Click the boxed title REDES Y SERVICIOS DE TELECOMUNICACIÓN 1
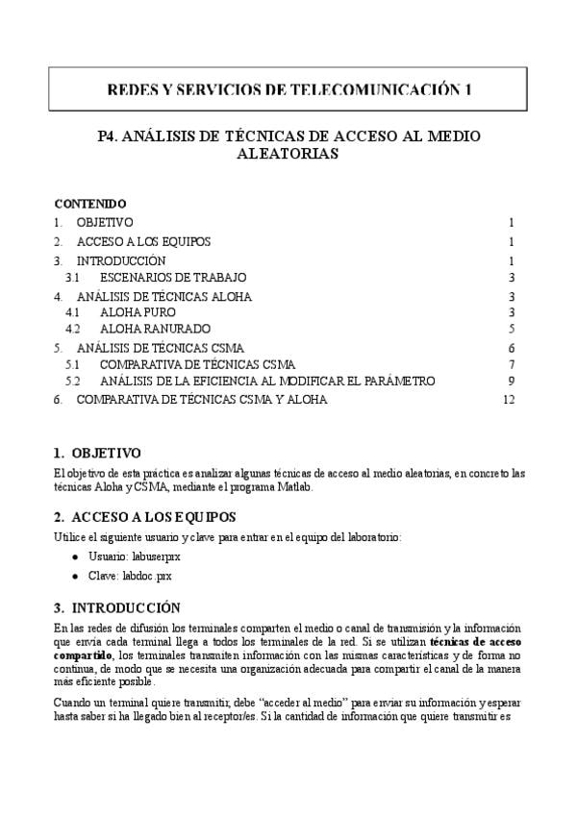tap(288, 90)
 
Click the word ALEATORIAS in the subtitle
tap(288, 154)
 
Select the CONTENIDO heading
tap(89, 204)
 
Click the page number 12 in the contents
tap(510, 399)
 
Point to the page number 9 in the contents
tap(513, 382)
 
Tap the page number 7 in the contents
tap(513, 364)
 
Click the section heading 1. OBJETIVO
tap(97, 453)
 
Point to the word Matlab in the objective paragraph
tap(294, 487)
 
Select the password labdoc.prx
tap(143, 576)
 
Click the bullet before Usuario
tap(75, 557)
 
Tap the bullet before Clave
tap(75, 577)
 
